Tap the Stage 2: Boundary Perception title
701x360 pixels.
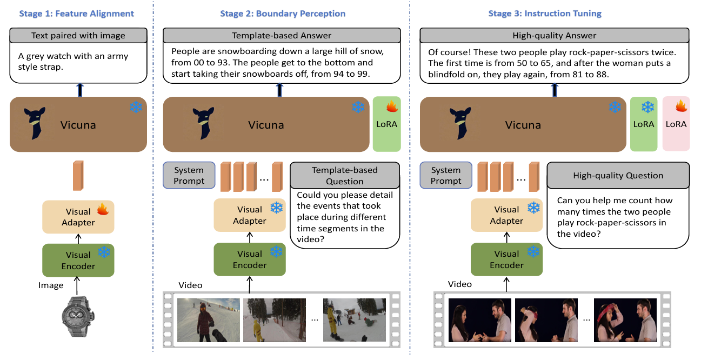tap(282, 13)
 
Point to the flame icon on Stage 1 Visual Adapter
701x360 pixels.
tap(103, 209)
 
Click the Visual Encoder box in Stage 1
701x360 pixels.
tap(78, 260)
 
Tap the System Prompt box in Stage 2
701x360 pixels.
tap(189, 175)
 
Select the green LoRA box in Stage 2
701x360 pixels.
tap(386, 124)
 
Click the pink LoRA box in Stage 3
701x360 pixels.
tap(676, 124)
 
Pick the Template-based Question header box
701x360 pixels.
tap(345, 175)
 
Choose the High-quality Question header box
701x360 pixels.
tap(618, 175)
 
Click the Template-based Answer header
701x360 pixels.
tap(282, 36)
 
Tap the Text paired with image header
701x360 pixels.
tap(78, 36)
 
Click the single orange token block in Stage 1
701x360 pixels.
tap(79, 176)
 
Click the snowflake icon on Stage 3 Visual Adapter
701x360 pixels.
tap(533, 208)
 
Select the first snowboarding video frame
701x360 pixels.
tap(208, 320)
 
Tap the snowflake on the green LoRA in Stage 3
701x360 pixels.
tap(647, 106)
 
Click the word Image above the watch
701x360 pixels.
tap(51, 285)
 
